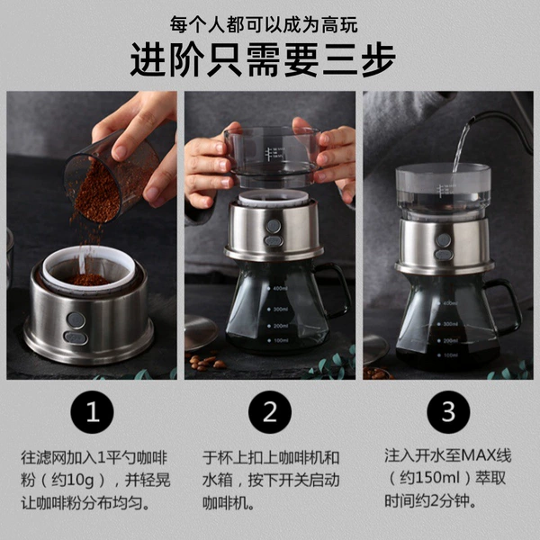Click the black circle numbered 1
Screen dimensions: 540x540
[92, 412]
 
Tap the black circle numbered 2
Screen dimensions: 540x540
[270, 412]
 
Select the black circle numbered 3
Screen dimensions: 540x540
[448, 412]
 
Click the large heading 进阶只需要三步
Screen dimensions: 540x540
[263, 60]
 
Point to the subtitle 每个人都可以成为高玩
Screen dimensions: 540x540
[264, 25]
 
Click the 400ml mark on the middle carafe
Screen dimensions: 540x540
[278, 288]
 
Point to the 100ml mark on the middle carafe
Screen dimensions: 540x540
[278, 340]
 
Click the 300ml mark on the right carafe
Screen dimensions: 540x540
[448, 324]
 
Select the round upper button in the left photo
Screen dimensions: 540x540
[76, 319]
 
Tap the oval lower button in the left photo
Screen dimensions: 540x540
[76, 337]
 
